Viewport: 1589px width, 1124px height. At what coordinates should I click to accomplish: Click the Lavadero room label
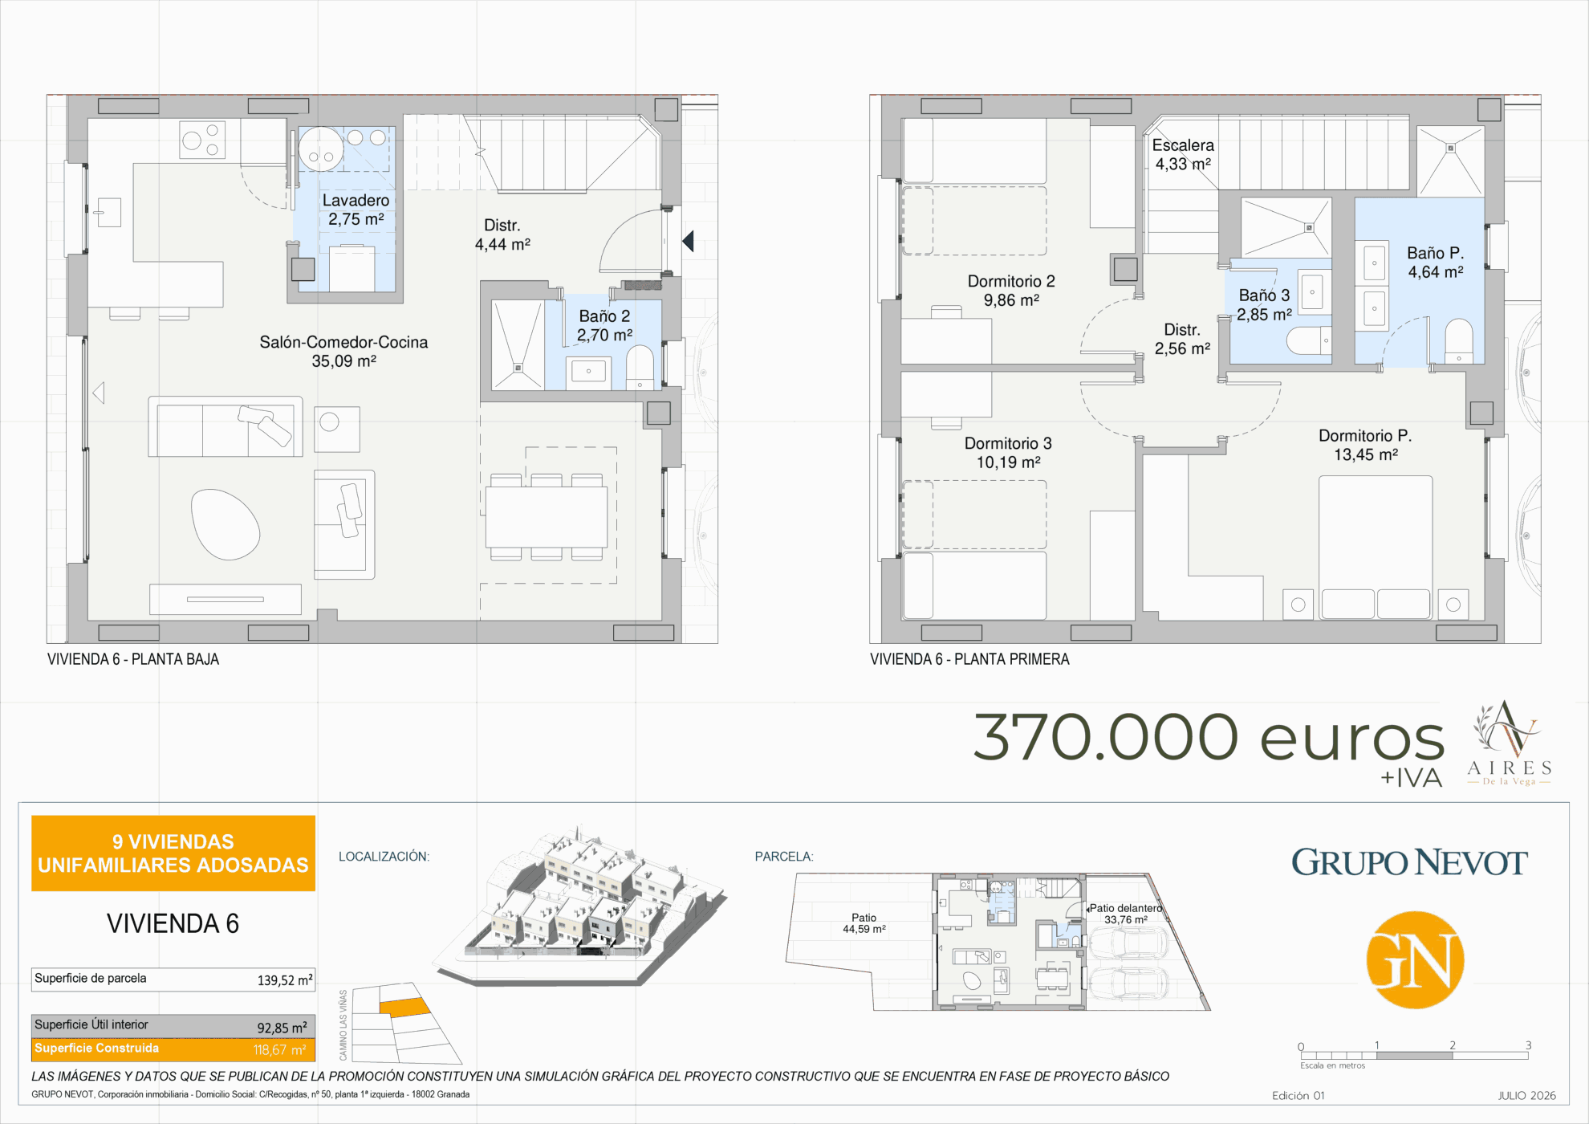click(x=356, y=201)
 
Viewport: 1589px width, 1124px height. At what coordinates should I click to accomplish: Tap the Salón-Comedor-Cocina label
click(x=343, y=342)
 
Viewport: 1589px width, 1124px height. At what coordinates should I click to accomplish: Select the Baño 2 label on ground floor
click(x=604, y=316)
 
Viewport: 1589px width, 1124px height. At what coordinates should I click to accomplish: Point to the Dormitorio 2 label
click(x=1011, y=281)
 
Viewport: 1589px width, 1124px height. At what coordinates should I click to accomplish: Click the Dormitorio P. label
click(x=1365, y=436)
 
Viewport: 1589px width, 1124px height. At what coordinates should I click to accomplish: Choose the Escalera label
click(x=1183, y=145)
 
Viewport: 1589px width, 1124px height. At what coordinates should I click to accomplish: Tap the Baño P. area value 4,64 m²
click(x=1436, y=272)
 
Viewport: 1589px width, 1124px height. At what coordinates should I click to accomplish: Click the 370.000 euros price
click(x=1209, y=737)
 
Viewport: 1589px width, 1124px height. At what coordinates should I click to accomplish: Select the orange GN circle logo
click(x=1415, y=959)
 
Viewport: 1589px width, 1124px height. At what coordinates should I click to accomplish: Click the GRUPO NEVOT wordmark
click(x=1409, y=862)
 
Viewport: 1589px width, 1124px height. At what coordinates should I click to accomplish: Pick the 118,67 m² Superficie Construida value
click(x=280, y=1050)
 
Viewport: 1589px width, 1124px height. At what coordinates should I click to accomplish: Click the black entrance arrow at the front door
click(x=688, y=240)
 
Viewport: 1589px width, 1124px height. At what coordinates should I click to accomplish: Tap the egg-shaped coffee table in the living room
click(x=226, y=524)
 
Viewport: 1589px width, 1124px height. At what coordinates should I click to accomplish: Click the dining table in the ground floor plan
click(x=547, y=517)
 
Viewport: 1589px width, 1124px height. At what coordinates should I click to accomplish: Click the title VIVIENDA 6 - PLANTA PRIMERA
click(x=969, y=659)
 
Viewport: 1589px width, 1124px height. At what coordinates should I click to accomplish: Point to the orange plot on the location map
click(x=404, y=1008)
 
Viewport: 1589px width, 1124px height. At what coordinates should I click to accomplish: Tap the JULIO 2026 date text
click(x=1526, y=1095)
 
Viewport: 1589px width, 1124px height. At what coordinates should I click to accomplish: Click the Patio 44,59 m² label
click(x=864, y=923)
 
